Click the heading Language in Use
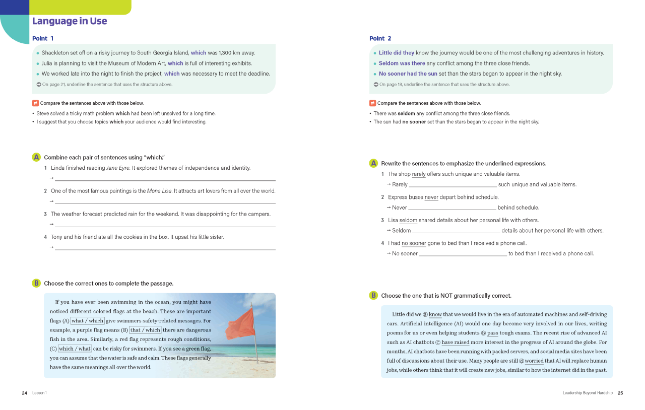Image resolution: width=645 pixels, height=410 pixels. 70,21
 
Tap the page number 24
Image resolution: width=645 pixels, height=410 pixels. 24,393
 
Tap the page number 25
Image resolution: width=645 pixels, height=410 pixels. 620,393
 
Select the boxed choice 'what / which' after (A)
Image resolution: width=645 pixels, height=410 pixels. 88,321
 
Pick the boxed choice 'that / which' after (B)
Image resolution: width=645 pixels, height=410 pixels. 145,330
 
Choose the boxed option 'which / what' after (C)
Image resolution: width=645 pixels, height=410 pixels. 75,349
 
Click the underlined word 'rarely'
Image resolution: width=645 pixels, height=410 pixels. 419,174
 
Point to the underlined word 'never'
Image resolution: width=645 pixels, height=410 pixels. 431,197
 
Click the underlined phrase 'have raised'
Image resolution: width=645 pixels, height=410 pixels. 455,343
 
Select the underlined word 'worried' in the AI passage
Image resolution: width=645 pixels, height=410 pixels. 534,361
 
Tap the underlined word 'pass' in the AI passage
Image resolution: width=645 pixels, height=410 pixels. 492,333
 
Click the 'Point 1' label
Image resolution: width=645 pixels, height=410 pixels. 43,38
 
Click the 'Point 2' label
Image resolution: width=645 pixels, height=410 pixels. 380,38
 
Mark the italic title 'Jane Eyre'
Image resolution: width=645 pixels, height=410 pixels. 118,168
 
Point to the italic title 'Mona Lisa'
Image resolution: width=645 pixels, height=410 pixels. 160,191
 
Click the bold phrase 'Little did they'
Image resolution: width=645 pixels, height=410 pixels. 397,53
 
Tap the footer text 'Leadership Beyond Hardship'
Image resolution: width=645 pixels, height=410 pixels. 588,393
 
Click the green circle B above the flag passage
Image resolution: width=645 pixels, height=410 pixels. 36,284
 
